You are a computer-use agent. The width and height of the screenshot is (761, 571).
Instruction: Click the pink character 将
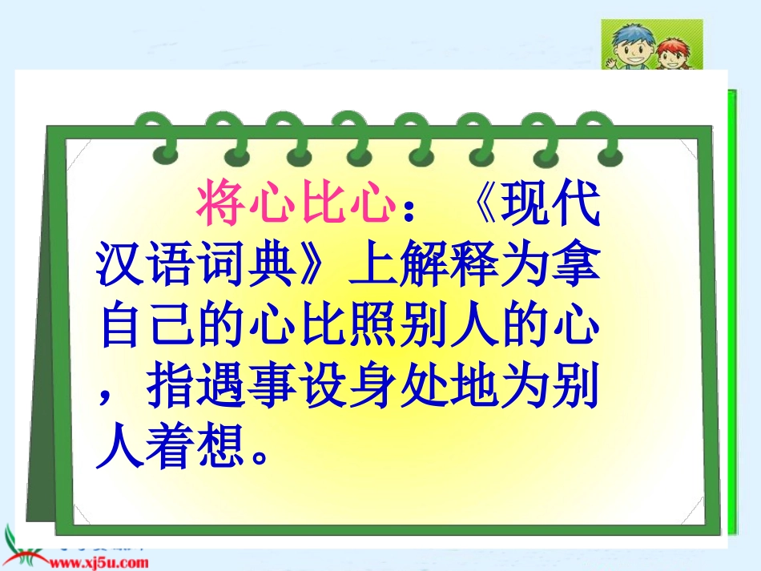[221, 202]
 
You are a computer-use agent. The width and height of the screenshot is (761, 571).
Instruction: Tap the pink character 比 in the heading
[322, 202]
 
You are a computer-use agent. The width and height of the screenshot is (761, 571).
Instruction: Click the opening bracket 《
[482, 203]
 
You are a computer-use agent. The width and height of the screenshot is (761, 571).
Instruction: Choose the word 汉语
[145, 263]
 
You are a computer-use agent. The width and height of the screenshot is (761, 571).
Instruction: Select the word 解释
[449, 263]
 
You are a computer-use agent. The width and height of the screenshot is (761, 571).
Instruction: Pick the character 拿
[576, 263]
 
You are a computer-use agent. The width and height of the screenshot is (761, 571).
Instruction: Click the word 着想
[195, 445]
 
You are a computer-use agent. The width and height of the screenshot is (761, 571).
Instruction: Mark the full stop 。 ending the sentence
[260, 456]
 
